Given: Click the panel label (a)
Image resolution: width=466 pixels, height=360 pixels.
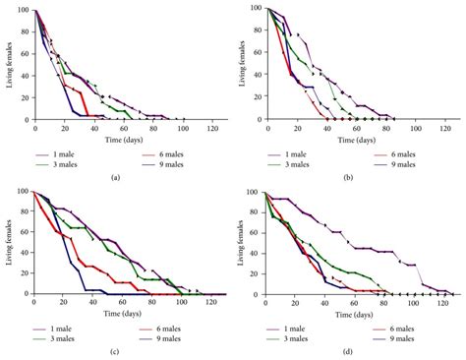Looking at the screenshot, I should pyautogui.click(x=116, y=175).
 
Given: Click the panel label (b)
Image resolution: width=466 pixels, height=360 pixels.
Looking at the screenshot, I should pyautogui.click(x=350, y=175).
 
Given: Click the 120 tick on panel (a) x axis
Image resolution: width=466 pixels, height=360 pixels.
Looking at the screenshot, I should pyautogui.click(x=212, y=129).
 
